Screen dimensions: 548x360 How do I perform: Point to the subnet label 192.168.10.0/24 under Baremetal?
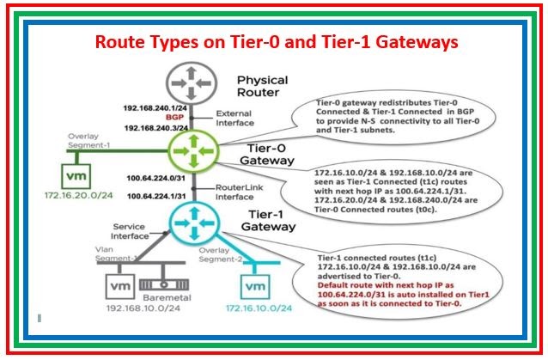(143, 307)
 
